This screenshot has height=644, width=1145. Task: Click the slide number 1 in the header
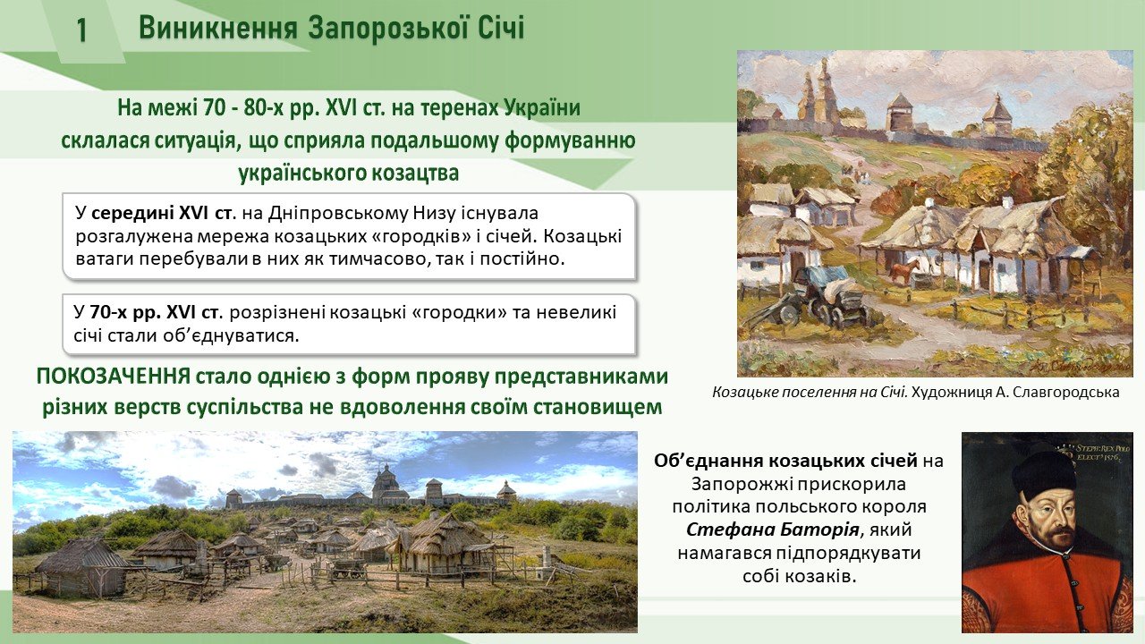coord(82,30)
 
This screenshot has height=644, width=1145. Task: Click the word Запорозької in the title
coord(384,28)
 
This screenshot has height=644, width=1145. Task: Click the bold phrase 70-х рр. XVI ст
coord(155,312)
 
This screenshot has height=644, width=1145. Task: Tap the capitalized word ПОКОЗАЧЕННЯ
coord(114,377)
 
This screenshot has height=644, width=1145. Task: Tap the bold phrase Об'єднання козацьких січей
coord(785,461)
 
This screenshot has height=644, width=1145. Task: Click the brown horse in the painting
coord(903,271)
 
